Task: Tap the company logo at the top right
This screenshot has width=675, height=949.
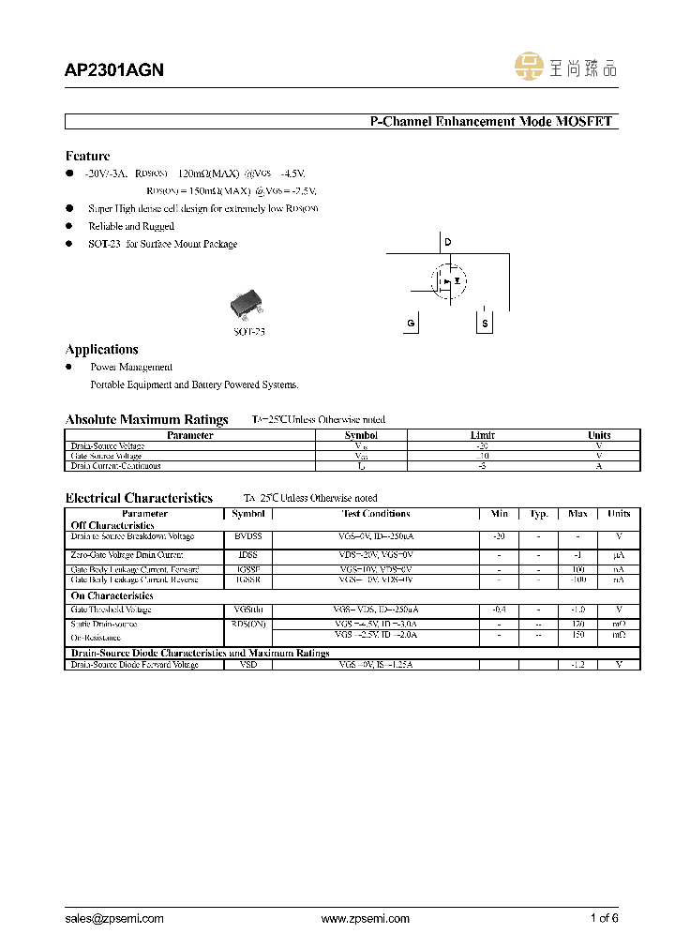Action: (x=566, y=67)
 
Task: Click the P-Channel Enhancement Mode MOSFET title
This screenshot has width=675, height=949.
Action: (x=490, y=122)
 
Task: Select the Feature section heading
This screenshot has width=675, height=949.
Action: (x=87, y=156)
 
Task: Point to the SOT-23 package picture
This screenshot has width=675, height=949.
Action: (x=247, y=305)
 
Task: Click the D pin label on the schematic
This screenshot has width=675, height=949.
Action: (x=448, y=243)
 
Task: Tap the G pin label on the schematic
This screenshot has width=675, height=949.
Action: (x=411, y=324)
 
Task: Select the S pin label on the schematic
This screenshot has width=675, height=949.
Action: (x=485, y=324)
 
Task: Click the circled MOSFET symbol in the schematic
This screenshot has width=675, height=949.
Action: (x=448, y=280)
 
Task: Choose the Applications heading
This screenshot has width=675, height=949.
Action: (x=102, y=350)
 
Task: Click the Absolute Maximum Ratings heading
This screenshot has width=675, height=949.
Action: (x=146, y=419)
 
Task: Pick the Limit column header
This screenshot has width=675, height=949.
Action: (x=482, y=435)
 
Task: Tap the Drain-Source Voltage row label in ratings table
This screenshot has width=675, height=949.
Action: (x=108, y=446)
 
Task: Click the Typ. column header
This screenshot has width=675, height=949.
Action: (x=538, y=514)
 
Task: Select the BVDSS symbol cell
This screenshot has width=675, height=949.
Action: (x=248, y=536)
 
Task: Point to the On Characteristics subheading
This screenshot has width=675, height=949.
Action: (x=112, y=595)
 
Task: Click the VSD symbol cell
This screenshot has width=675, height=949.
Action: (x=248, y=665)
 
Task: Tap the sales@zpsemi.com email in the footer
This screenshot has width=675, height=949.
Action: (x=114, y=919)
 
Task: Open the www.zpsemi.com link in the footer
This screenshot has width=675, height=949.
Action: (x=365, y=919)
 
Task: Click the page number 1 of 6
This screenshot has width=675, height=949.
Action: (x=604, y=919)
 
